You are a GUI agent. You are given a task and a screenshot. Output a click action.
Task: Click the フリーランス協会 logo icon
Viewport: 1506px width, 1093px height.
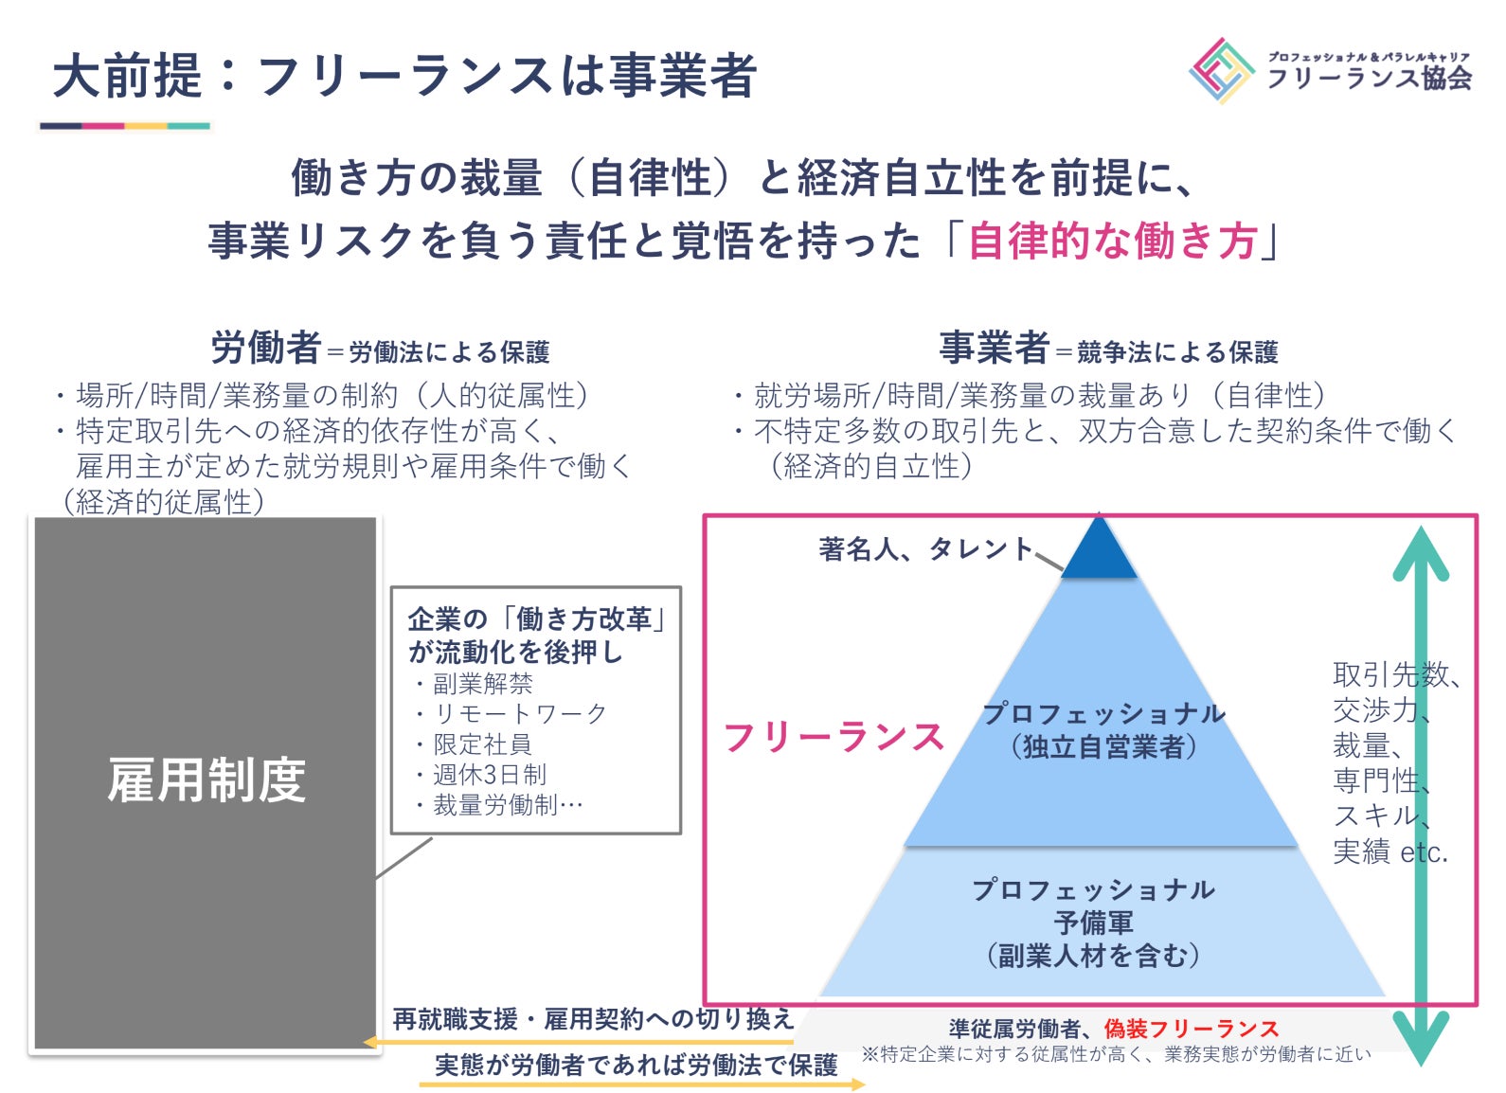click(1222, 71)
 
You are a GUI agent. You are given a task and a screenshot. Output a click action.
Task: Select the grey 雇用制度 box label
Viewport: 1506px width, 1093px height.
click(206, 781)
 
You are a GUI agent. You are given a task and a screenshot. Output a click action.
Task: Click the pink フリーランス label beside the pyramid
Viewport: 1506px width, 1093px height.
click(834, 737)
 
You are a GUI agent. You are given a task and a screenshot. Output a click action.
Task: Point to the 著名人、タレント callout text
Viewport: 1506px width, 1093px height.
click(925, 548)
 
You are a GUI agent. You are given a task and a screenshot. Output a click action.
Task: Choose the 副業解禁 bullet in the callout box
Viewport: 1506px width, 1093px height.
click(482, 683)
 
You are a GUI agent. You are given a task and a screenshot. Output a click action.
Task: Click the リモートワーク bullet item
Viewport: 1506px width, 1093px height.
click(519, 713)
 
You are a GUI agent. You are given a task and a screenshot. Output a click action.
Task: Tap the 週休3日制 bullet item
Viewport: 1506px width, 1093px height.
click(489, 775)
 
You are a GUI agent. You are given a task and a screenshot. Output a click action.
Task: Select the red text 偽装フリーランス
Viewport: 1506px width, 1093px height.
click(1192, 1029)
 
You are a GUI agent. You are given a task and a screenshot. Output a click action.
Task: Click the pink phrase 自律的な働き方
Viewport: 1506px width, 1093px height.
click(1112, 242)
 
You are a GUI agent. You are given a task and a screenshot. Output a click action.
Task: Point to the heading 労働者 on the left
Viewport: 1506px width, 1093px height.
click(265, 349)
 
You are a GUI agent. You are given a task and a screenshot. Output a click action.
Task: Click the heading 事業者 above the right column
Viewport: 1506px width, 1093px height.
click(994, 349)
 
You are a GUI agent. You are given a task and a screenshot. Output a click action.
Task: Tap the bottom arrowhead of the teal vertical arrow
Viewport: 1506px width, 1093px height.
click(1421, 1037)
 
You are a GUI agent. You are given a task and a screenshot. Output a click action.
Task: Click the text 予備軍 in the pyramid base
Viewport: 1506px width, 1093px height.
click(1094, 923)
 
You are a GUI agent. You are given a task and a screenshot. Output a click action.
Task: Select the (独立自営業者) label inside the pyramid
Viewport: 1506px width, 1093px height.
click(1103, 747)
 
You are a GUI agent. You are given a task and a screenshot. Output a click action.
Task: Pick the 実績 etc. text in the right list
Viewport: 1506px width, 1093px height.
click(1389, 852)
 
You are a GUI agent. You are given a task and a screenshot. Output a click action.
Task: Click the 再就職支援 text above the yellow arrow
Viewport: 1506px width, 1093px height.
click(455, 1019)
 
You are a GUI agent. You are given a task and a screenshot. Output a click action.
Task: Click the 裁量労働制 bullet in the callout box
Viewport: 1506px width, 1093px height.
click(507, 805)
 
